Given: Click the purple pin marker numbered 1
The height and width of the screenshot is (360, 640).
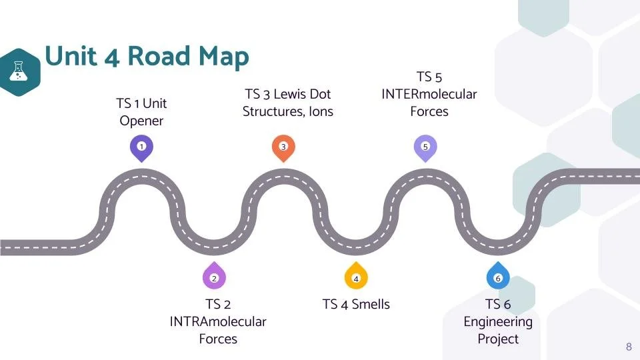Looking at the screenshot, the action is tap(141, 147).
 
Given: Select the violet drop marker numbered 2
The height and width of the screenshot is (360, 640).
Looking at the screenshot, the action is tap(214, 277).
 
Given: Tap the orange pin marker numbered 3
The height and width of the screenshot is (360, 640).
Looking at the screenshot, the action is tap(283, 147).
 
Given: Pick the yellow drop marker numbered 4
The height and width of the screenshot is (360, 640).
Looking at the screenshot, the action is tap(356, 277).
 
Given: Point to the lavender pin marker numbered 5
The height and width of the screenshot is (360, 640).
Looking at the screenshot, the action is tap(425, 147).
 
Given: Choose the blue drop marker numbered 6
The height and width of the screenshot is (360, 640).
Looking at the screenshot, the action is tap(498, 277).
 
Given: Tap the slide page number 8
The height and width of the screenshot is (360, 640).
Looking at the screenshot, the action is tap(629, 347).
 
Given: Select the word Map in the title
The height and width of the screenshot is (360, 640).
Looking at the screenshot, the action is tap(224, 57).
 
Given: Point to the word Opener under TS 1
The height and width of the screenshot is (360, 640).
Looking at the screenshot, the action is tap(141, 121).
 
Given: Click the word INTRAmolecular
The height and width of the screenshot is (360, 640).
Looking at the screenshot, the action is tap(218, 321).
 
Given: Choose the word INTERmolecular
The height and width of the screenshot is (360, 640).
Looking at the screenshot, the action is tap(429, 94).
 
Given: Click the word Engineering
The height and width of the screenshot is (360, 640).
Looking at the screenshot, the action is tap(498, 321).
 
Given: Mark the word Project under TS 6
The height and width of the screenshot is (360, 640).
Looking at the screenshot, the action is tap(498, 339).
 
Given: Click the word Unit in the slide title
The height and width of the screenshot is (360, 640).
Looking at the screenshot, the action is tap(71, 57).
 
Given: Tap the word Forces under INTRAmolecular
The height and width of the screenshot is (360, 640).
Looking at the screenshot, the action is tap(218, 339).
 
